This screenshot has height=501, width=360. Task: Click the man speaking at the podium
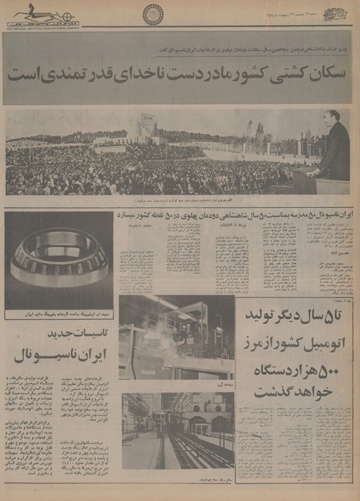(x=334, y=150)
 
